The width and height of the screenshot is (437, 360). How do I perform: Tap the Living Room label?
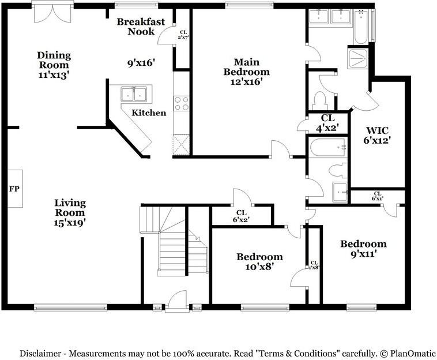(x=70, y=212)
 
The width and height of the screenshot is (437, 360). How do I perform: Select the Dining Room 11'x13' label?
(x=54, y=65)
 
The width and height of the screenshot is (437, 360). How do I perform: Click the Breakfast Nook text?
(x=141, y=27)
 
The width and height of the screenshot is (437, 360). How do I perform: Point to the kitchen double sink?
(x=135, y=93)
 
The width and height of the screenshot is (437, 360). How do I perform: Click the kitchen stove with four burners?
(x=181, y=103)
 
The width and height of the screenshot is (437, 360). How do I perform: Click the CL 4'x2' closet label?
(x=326, y=123)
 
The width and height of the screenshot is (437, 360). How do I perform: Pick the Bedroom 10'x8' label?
(x=259, y=261)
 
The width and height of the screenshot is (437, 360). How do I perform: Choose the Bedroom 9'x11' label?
(x=363, y=248)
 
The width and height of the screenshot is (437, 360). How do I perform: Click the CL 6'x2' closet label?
(x=241, y=216)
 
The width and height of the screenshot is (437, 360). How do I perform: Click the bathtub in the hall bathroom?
(x=327, y=147)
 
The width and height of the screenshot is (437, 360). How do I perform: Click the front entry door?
(x=176, y=301)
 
